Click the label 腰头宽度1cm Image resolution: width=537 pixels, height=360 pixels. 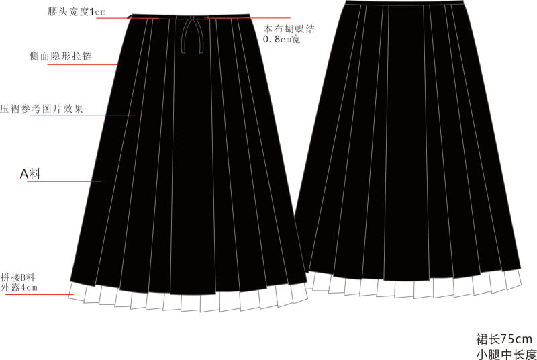tap(77, 11)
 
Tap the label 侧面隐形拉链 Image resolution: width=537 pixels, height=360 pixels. tap(60, 56)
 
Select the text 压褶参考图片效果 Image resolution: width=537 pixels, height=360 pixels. tap(42, 109)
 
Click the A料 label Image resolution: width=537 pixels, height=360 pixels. tap(30, 174)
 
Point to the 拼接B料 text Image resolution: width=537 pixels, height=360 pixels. tap(18, 277)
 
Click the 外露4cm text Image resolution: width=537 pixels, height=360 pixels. tap(19, 287)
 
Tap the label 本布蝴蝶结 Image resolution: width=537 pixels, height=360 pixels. tap(289, 29)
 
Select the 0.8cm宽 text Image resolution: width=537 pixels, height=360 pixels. tap(281, 39)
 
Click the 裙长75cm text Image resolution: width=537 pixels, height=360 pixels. tap(504, 339)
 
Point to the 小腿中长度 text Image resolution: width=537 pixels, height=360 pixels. tap(506, 354)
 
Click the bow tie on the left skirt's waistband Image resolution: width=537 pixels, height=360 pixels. tap(192, 34)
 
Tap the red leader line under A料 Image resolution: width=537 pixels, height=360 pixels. tap(64, 181)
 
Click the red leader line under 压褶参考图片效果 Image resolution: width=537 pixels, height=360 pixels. tap(82, 116)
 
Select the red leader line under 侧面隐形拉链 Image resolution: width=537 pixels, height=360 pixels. tap(83, 64)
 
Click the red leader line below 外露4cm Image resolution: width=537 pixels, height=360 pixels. tap(40, 294)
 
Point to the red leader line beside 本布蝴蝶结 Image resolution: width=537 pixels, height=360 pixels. tap(248, 18)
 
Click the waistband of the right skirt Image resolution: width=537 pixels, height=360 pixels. tap(405, 3)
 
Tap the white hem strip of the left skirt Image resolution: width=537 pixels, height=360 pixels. tap(188, 298)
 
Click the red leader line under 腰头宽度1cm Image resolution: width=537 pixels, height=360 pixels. tap(128, 18)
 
